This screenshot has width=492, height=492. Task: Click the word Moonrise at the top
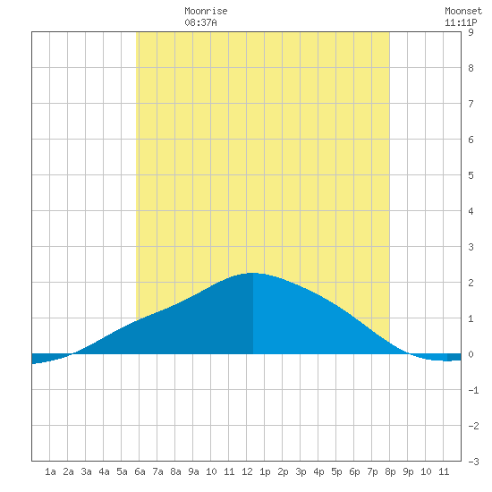[x=206, y=11]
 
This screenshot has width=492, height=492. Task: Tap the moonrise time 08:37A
[x=200, y=22]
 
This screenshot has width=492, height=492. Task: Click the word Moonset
[x=463, y=11]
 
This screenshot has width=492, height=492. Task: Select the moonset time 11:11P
[x=461, y=22]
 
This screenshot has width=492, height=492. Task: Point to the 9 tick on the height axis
[x=471, y=32]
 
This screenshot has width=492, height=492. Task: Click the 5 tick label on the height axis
[x=471, y=175]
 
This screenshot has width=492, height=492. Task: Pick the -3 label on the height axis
[x=473, y=462]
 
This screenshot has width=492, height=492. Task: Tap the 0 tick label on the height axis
[x=471, y=354]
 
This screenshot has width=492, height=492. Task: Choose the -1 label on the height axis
[x=473, y=390]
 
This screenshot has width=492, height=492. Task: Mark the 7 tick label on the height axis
[x=471, y=104]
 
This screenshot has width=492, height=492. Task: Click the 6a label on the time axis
[x=140, y=471]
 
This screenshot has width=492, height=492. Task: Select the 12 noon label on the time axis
[x=247, y=471]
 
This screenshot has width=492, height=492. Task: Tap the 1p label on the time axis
[x=265, y=471]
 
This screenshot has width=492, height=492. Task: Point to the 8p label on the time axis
[x=390, y=471]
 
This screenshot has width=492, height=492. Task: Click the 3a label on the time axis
[x=86, y=471]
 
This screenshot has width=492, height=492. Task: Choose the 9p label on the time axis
[x=408, y=471]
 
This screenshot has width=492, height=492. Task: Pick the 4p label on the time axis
[x=318, y=471]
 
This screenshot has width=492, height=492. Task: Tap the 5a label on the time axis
[x=122, y=471]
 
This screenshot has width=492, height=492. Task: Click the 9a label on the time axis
[x=193, y=471]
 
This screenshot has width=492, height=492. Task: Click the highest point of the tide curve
[x=253, y=273]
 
